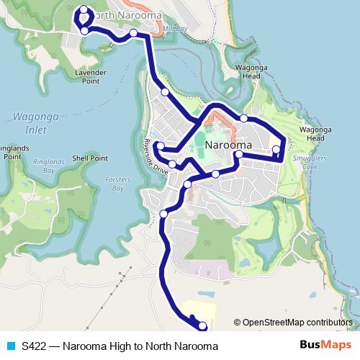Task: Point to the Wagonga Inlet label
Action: [30, 122]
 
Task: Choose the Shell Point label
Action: [90, 158]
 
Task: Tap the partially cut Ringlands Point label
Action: [10, 151]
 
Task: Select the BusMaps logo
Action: [321, 346]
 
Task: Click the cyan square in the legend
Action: [9, 346]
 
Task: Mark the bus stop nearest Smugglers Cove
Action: [276, 150]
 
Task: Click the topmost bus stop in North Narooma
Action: [84, 9]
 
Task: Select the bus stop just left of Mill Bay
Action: [134, 33]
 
